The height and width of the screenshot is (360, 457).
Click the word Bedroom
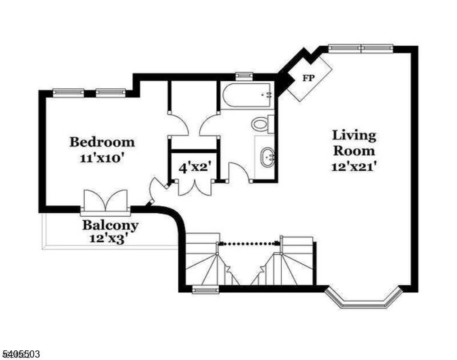[102, 142]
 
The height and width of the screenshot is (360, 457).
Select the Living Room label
[354, 143]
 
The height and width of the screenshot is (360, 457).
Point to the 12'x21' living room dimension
[353, 167]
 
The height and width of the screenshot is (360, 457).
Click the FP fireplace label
[308, 78]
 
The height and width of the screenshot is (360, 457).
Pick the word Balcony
[110, 225]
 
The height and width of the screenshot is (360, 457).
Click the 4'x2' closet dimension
[194, 168]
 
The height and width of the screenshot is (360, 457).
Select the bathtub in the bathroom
[247, 95]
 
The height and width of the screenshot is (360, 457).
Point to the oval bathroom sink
[267, 157]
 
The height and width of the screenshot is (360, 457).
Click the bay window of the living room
[363, 298]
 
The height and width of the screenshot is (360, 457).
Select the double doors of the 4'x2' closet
[195, 188]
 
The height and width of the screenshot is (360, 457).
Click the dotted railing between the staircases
[249, 242]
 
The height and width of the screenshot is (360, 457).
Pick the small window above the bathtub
[244, 76]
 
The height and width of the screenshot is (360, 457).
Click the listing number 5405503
[20, 355]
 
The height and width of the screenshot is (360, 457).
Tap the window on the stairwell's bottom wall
[206, 289]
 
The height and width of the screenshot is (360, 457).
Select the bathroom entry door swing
[239, 173]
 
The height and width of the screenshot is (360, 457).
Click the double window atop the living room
[361, 49]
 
